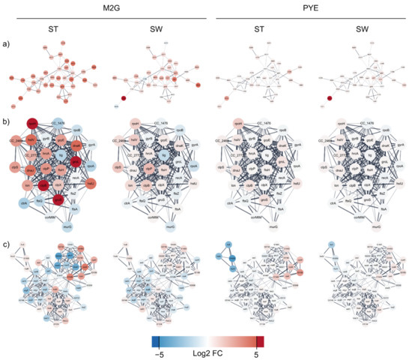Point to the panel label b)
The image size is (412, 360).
tap(5, 118)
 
